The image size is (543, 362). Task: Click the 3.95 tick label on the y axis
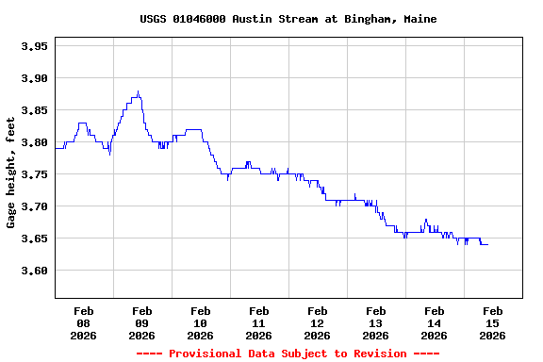click(x=34, y=46)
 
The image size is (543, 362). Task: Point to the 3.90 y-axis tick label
click(x=34, y=78)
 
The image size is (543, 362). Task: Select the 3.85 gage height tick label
click(x=34, y=110)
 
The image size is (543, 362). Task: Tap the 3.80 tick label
click(x=34, y=142)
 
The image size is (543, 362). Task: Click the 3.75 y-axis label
click(x=34, y=174)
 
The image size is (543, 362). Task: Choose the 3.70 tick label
click(x=34, y=206)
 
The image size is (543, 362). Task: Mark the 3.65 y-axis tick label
click(x=34, y=239)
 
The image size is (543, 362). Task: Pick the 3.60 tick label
click(x=34, y=271)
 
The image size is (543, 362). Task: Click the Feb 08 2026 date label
click(x=83, y=322)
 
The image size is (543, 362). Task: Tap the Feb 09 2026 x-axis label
click(x=141, y=322)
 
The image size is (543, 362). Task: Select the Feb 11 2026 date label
click(x=258, y=322)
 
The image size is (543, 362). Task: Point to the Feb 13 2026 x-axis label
click(x=375, y=322)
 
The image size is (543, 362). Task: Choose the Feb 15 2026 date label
click(x=492, y=322)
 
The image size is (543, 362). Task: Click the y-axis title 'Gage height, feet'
click(x=11, y=173)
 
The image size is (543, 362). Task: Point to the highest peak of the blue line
click(x=138, y=91)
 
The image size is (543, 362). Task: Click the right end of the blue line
click(x=487, y=244)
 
